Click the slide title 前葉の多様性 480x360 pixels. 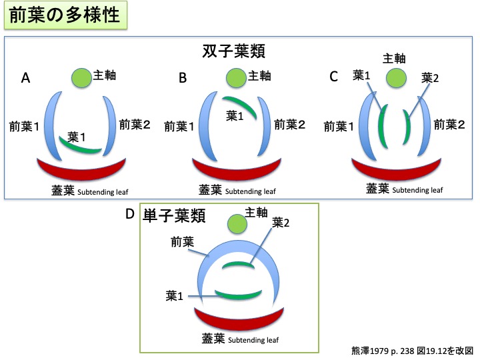65,15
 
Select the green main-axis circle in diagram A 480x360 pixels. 83,77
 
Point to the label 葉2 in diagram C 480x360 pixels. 431,78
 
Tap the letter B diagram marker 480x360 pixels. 183,78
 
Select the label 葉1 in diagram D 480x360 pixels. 176,294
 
